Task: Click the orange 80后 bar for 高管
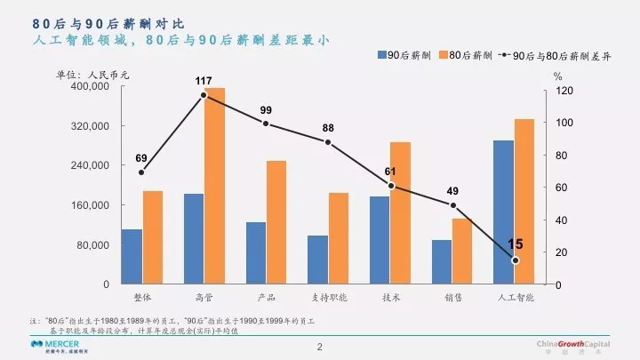(x=215, y=186)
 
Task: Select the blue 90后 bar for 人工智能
(x=504, y=212)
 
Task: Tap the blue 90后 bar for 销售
(x=442, y=262)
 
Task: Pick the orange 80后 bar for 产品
(x=276, y=222)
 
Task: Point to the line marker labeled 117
(x=204, y=95)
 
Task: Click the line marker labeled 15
(x=515, y=260)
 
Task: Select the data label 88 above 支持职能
(x=328, y=127)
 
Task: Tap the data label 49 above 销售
(x=452, y=191)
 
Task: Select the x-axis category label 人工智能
(x=515, y=297)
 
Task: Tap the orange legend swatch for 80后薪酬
(x=443, y=55)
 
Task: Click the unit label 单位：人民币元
(x=92, y=74)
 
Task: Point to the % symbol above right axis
(x=557, y=77)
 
